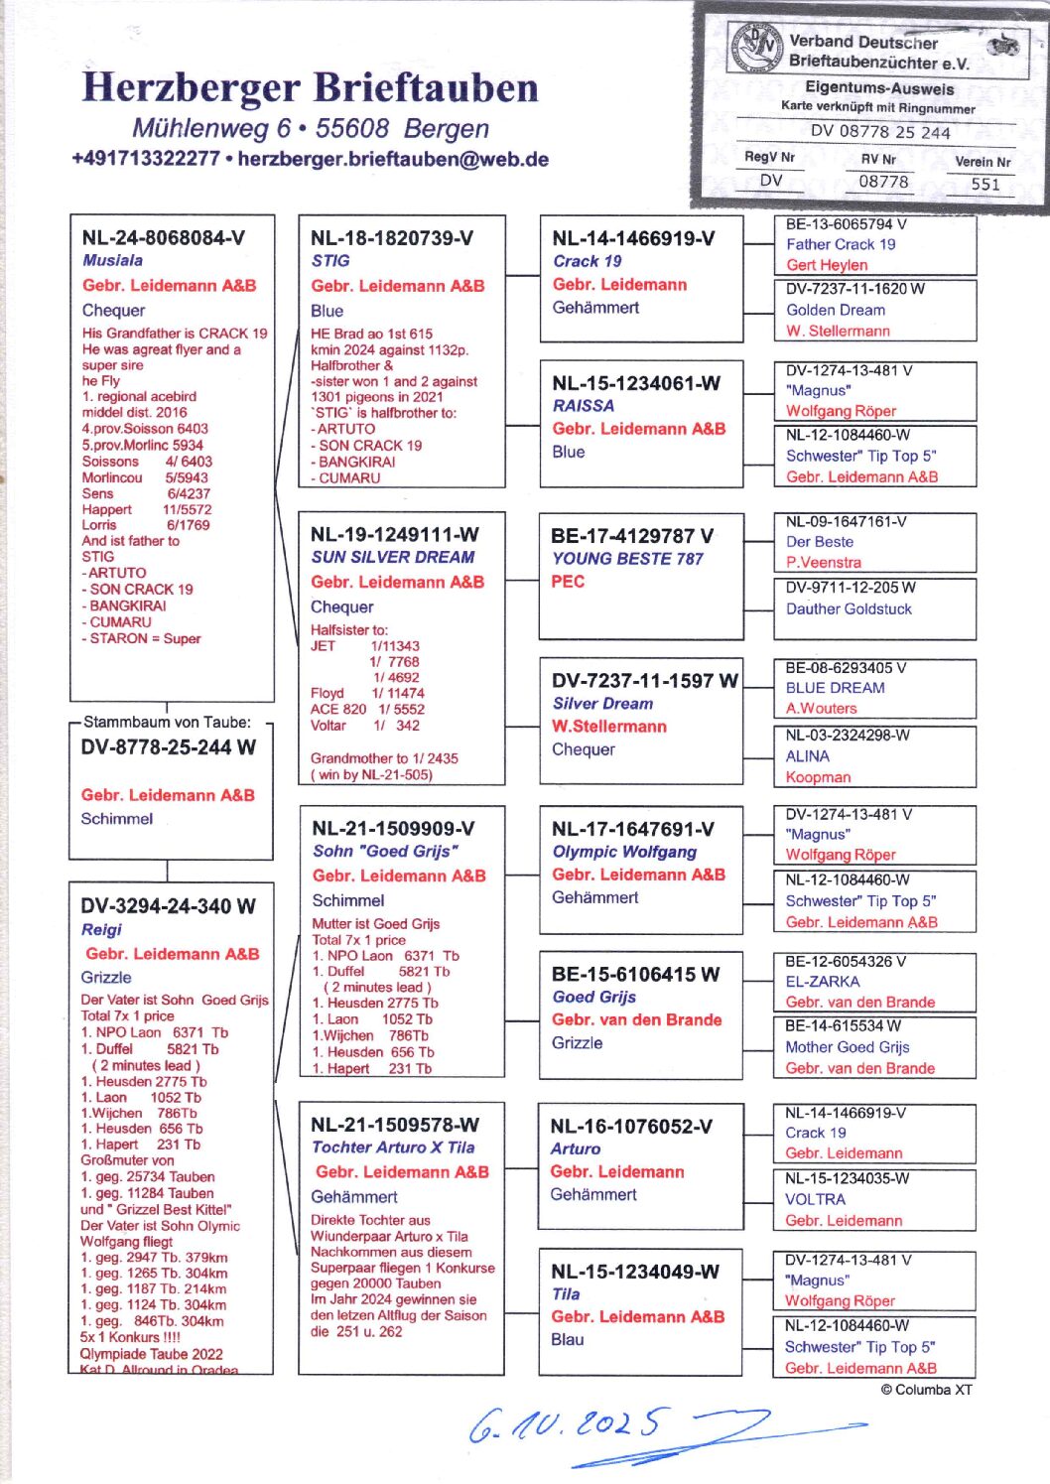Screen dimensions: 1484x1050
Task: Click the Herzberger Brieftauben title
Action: pyautogui.click(x=310, y=87)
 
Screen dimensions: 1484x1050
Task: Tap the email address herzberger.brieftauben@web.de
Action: pyautogui.click(x=393, y=159)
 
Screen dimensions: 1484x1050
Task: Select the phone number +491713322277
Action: pyautogui.click(x=145, y=159)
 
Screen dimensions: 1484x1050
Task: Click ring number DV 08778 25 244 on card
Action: pyautogui.click(x=879, y=132)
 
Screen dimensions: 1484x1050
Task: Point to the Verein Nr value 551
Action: pyautogui.click(x=984, y=184)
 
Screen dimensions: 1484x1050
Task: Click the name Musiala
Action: pyautogui.click(x=112, y=260)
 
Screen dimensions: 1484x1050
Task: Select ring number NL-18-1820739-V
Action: pyautogui.click(x=392, y=238)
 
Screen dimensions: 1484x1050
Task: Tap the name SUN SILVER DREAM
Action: pyautogui.click(x=393, y=557)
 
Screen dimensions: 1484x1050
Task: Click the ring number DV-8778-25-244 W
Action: pyautogui.click(x=169, y=747)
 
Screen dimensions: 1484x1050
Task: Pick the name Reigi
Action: pyautogui.click(x=101, y=929)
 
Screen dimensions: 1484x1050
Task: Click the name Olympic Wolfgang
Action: pyautogui.click(x=624, y=852)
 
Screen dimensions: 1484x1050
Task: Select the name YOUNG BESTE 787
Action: pyautogui.click(x=627, y=559)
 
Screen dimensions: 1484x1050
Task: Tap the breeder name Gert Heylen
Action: pyautogui.click(x=827, y=265)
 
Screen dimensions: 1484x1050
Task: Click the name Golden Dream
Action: pyautogui.click(x=836, y=310)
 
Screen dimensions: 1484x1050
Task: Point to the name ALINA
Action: pyautogui.click(x=808, y=756)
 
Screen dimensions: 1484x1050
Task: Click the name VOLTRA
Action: pyautogui.click(x=816, y=1199)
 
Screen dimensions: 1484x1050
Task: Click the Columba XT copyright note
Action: pyautogui.click(x=926, y=1390)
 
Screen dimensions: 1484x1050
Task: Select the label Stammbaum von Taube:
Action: pyautogui.click(x=167, y=722)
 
